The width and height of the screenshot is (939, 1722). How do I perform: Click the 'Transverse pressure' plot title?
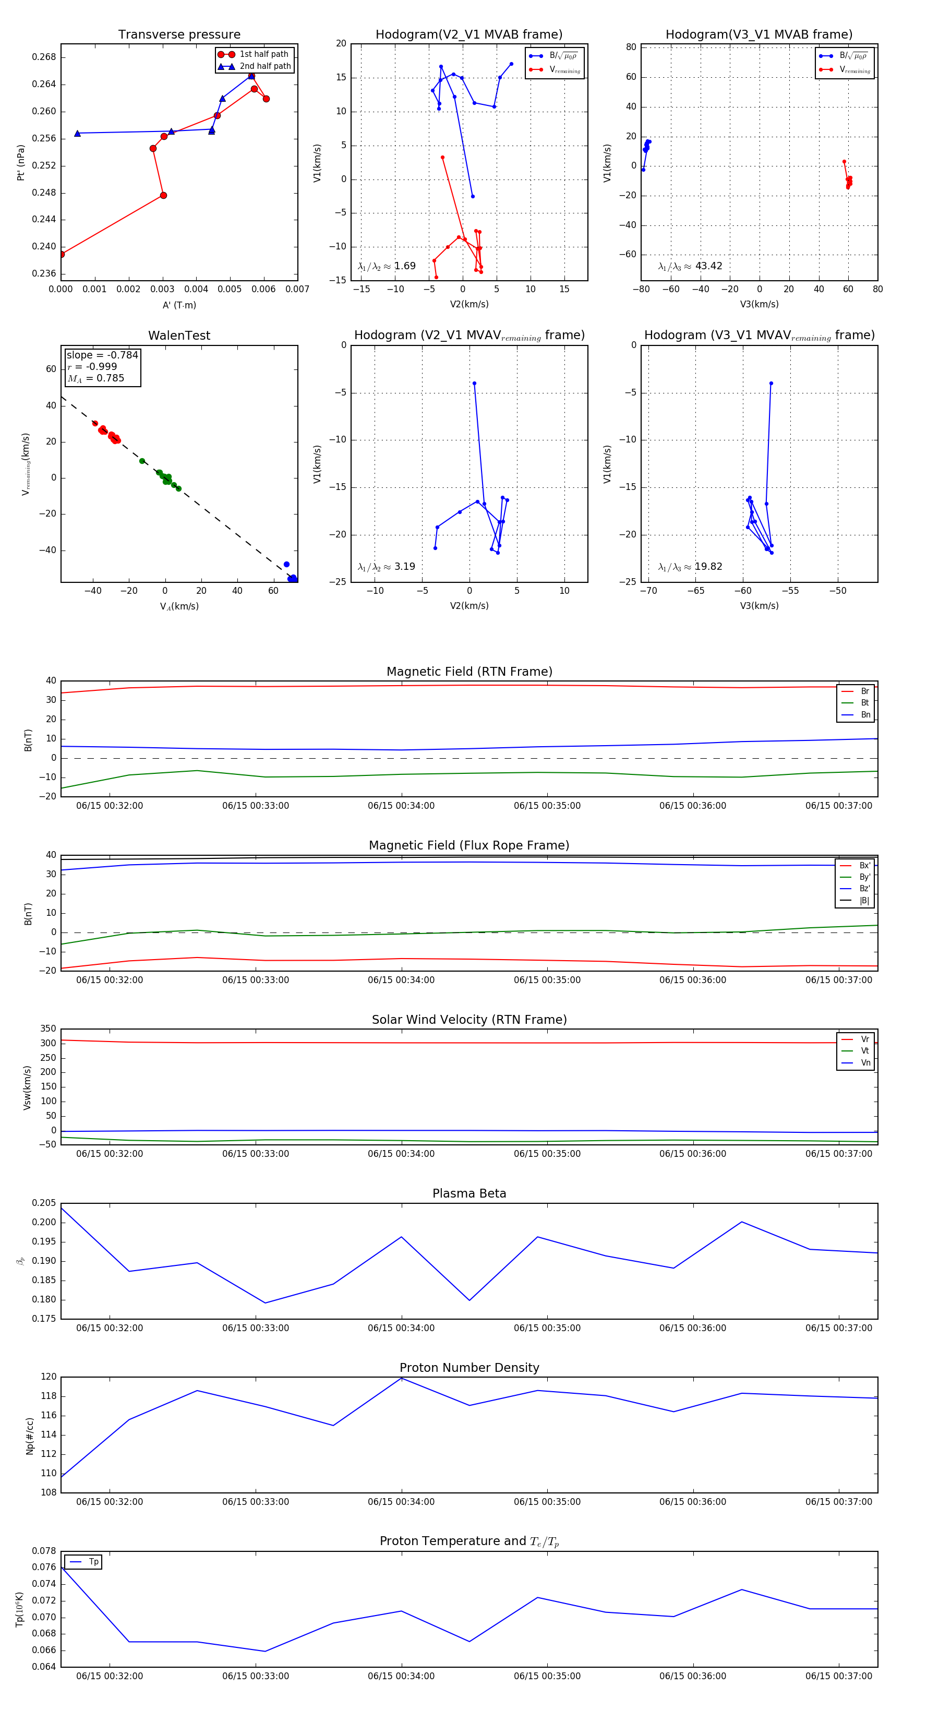179,35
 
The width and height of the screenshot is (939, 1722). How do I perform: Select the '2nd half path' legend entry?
264,66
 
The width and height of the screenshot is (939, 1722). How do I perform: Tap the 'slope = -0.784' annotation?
102,355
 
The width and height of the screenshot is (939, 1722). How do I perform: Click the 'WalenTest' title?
179,336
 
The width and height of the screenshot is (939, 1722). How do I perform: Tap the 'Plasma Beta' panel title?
469,1193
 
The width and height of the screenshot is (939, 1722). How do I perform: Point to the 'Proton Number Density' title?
469,1368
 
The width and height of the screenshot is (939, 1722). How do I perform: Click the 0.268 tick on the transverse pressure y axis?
44,57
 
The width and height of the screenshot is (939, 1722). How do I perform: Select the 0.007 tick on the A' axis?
297,290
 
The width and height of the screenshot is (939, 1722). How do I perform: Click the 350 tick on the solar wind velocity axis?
48,1029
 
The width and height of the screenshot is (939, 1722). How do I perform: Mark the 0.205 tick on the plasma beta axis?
44,1203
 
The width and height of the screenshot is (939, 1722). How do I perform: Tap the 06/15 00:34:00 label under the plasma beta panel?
401,1328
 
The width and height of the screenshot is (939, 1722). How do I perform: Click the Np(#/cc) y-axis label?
29,1436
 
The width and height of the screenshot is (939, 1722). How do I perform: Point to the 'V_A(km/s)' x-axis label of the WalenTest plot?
179,606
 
